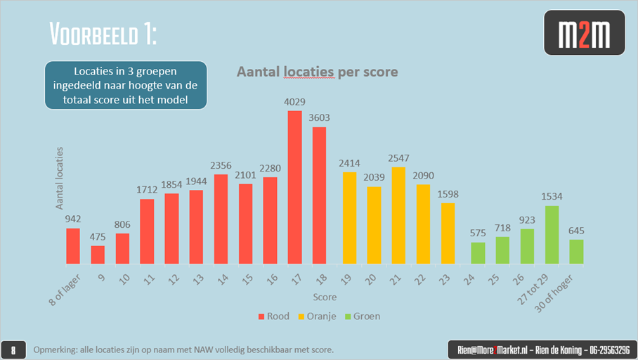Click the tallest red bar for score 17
[x=295, y=187]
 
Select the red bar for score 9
[x=98, y=255]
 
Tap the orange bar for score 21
[x=398, y=215]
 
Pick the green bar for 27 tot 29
[x=552, y=235]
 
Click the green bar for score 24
[x=478, y=253]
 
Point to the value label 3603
[x=319, y=118]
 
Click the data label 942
[x=73, y=219]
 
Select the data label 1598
[x=448, y=194]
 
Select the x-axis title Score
[x=325, y=297]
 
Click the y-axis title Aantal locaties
[x=60, y=178]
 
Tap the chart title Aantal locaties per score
[x=317, y=72]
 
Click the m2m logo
[x=584, y=33]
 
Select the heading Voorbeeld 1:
[x=104, y=32]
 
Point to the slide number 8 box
[x=13, y=349]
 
